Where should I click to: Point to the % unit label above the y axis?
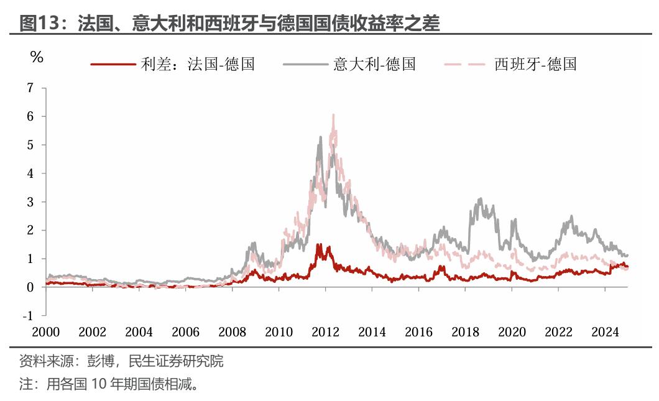[x=37, y=57]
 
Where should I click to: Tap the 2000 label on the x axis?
[x=46, y=332]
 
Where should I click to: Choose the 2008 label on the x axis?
[x=232, y=332]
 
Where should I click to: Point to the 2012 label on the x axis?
[x=325, y=332]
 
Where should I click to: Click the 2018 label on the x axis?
[x=465, y=332]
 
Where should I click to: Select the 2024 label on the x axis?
[x=604, y=332]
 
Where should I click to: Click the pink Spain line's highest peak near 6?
[x=334, y=115]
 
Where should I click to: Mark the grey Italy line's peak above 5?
[x=321, y=137]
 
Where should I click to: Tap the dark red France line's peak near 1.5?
[x=318, y=244]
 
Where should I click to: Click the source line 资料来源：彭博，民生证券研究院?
[x=121, y=361]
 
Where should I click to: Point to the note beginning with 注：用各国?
[x=109, y=384]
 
